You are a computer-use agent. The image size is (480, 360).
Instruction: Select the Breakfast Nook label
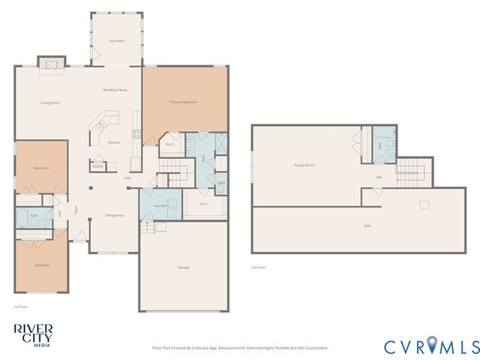tap(115, 90)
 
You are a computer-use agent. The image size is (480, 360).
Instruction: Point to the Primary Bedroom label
tap(183, 102)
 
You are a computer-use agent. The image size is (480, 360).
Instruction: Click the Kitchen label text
tap(113, 142)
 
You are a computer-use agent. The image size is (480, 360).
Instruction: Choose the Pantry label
tap(97, 166)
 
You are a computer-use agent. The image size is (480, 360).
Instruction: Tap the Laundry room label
tap(159, 205)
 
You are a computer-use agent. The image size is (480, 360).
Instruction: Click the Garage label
tap(183, 267)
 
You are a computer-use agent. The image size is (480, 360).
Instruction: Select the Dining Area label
tap(114, 215)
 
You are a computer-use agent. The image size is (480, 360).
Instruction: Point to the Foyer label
tap(76, 211)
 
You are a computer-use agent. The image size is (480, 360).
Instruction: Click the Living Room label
tap(49, 103)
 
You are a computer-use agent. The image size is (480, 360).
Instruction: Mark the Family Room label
tap(304, 165)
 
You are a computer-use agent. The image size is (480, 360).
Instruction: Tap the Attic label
tap(367, 226)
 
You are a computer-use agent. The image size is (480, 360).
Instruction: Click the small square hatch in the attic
tap(424, 205)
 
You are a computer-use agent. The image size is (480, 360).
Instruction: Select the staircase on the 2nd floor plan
tap(411, 174)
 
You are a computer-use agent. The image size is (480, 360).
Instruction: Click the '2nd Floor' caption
tap(258, 267)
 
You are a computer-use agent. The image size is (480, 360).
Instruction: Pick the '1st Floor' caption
tap(20, 307)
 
